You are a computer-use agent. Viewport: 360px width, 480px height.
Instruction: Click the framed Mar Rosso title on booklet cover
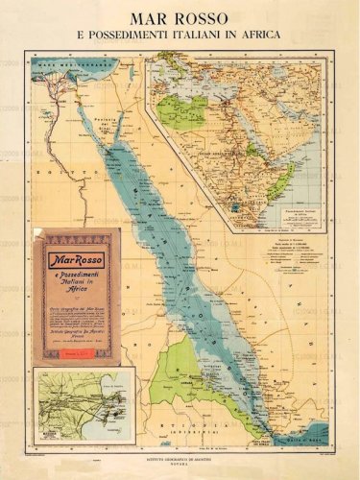pos(82,259)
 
